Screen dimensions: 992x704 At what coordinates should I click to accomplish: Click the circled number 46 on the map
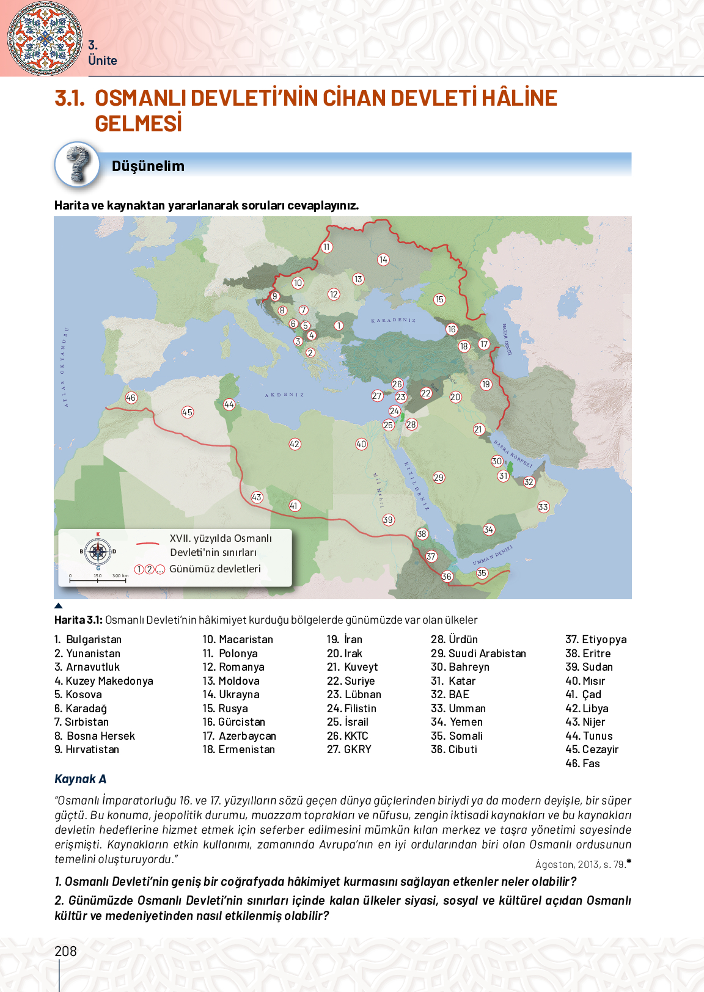(x=131, y=398)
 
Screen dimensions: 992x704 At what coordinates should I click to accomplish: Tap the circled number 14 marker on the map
(x=383, y=260)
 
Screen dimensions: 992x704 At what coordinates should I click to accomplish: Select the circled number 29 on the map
(x=439, y=478)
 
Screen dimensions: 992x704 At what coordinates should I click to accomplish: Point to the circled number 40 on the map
(x=361, y=444)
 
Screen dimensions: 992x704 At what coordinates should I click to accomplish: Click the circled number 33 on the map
(x=543, y=507)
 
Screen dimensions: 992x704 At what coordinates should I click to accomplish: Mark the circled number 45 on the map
(x=188, y=412)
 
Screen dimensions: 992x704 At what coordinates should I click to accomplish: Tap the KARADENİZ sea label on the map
(x=394, y=320)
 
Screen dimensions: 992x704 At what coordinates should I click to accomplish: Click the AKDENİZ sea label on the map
(x=284, y=395)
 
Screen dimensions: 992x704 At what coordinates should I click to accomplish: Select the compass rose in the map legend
(x=98, y=552)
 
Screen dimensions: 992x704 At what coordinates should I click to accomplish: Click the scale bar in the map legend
(x=98, y=578)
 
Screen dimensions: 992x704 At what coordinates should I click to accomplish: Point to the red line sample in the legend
(x=147, y=543)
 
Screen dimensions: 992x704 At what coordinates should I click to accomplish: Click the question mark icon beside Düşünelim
(x=78, y=164)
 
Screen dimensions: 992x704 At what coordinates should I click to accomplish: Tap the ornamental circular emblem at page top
(x=45, y=38)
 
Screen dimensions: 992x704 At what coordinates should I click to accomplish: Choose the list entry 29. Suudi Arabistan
(x=478, y=654)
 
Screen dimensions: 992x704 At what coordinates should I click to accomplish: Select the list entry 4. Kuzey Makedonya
(x=104, y=681)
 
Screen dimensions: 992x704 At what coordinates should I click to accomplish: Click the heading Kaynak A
(x=80, y=779)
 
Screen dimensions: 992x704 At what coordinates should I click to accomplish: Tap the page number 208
(x=65, y=951)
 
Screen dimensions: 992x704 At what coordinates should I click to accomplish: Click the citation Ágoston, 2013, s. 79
(x=581, y=864)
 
